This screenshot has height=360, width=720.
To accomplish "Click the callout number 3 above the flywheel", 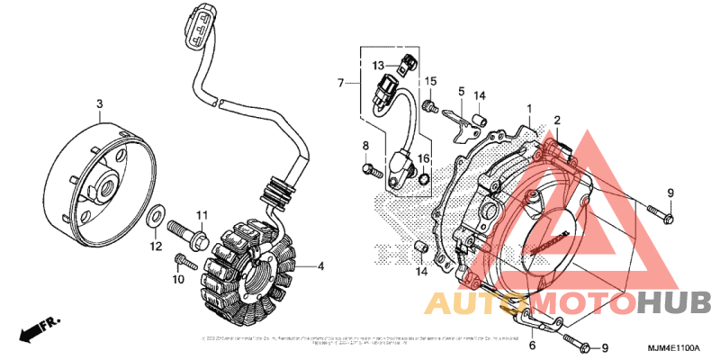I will pyautogui.click(x=99, y=105).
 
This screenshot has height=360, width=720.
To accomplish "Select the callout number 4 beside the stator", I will pyautogui.click(x=320, y=267).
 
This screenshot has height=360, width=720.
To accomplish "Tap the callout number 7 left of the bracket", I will pyautogui.click(x=341, y=84).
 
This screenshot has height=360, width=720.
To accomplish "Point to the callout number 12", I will pyautogui.click(x=155, y=246).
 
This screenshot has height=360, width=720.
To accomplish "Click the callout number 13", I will pyautogui.click(x=380, y=66).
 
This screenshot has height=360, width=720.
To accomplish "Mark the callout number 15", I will pyautogui.click(x=431, y=82).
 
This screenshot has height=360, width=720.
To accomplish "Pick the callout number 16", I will pyautogui.click(x=423, y=158).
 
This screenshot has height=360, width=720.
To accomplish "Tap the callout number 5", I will pyautogui.click(x=460, y=91).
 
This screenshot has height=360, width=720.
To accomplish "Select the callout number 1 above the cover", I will pyautogui.click(x=530, y=108).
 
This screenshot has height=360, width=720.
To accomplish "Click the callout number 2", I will pyautogui.click(x=557, y=120).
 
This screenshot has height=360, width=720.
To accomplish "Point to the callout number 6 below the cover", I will pyautogui.click(x=532, y=345).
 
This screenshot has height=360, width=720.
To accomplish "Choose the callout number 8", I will pyautogui.click(x=366, y=146).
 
